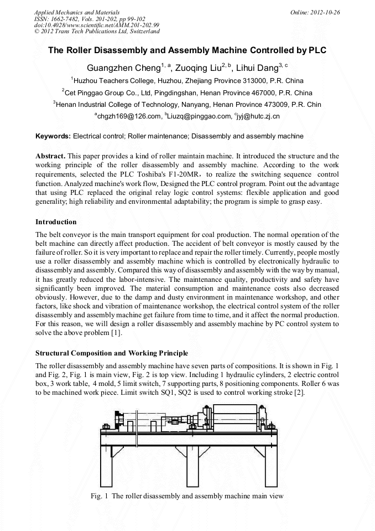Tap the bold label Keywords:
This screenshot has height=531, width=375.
[x=53, y=136]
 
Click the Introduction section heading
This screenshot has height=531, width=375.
[x=56, y=222]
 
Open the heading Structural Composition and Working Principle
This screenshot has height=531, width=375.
[x=112, y=353]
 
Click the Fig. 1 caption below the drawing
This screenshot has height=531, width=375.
[x=187, y=496]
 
